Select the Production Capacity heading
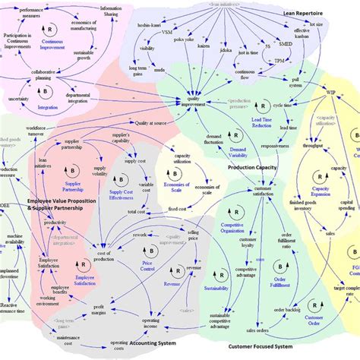click(x=251, y=166)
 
